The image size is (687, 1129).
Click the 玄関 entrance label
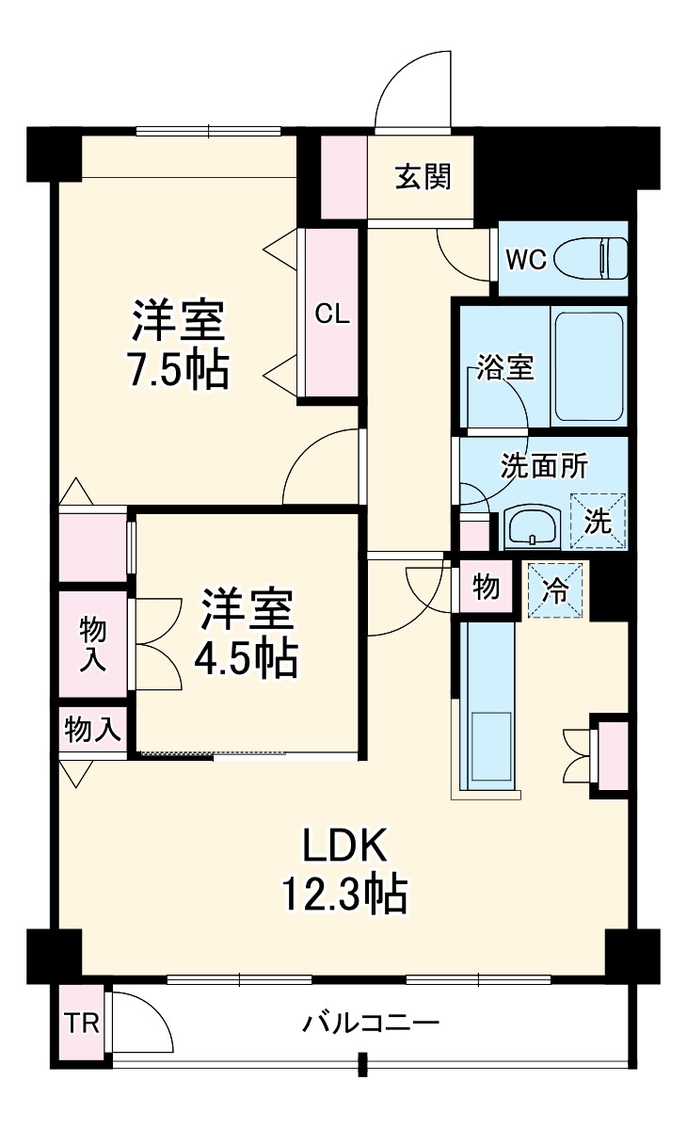[x=423, y=177]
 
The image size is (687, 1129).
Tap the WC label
[x=526, y=260]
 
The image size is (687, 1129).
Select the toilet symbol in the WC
[x=591, y=257]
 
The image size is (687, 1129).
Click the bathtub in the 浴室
[x=588, y=365]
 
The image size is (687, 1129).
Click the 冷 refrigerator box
[x=556, y=590]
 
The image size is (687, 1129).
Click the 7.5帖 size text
[x=178, y=371]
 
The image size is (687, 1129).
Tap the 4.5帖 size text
[x=246, y=659]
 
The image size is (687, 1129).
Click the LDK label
[x=344, y=846]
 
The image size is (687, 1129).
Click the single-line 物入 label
[x=92, y=729]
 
